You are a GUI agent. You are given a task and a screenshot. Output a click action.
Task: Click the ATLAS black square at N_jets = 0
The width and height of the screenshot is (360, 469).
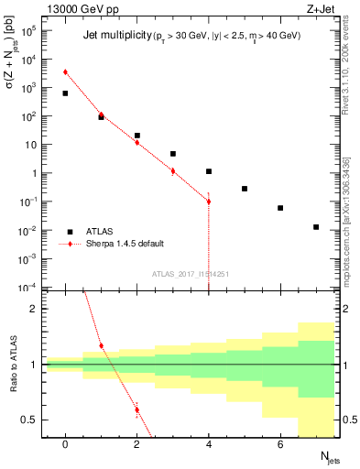(x=65, y=93)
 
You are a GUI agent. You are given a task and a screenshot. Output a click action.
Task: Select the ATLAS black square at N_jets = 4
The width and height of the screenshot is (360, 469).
(x=209, y=171)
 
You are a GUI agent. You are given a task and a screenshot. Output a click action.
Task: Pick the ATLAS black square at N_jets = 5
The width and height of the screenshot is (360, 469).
(x=245, y=189)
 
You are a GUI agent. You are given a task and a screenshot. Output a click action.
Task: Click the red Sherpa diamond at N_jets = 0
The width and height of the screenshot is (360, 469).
(x=65, y=71)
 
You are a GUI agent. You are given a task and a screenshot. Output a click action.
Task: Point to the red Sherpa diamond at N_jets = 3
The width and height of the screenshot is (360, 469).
(x=173, y=170)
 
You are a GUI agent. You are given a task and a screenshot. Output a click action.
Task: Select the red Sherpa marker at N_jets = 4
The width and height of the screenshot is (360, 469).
(x=209, y=202)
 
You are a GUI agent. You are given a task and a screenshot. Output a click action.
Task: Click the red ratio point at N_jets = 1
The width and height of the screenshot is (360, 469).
(x=101, y=345)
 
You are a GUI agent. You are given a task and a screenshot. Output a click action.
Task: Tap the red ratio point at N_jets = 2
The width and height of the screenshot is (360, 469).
(x=136, y=409)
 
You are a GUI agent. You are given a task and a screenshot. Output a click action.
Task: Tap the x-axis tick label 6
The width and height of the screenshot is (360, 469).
(x=280, y=444)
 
